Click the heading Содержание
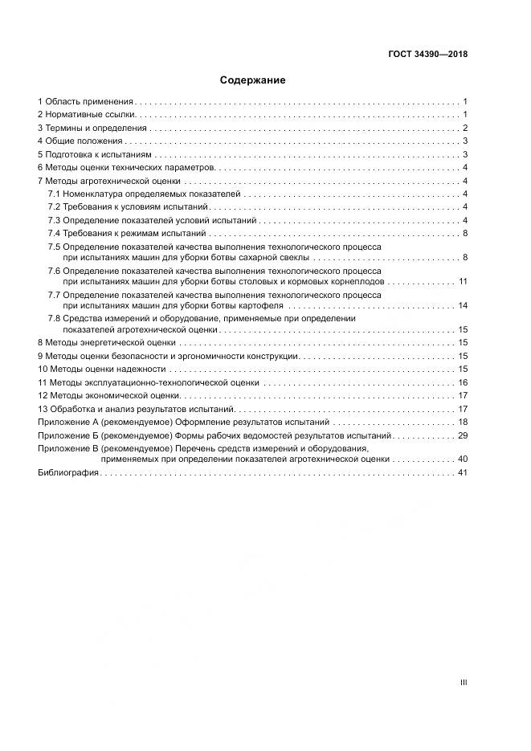(252, 80)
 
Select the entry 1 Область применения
(85, 102)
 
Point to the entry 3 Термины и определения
(92, 129)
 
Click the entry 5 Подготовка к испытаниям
(94, 154)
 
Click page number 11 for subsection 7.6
(463, 282)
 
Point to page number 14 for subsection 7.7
(463, 306)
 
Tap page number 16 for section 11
(463, 382)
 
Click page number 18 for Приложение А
(463, 422)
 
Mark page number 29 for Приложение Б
(463, 435)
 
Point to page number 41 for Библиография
(463, 473)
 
